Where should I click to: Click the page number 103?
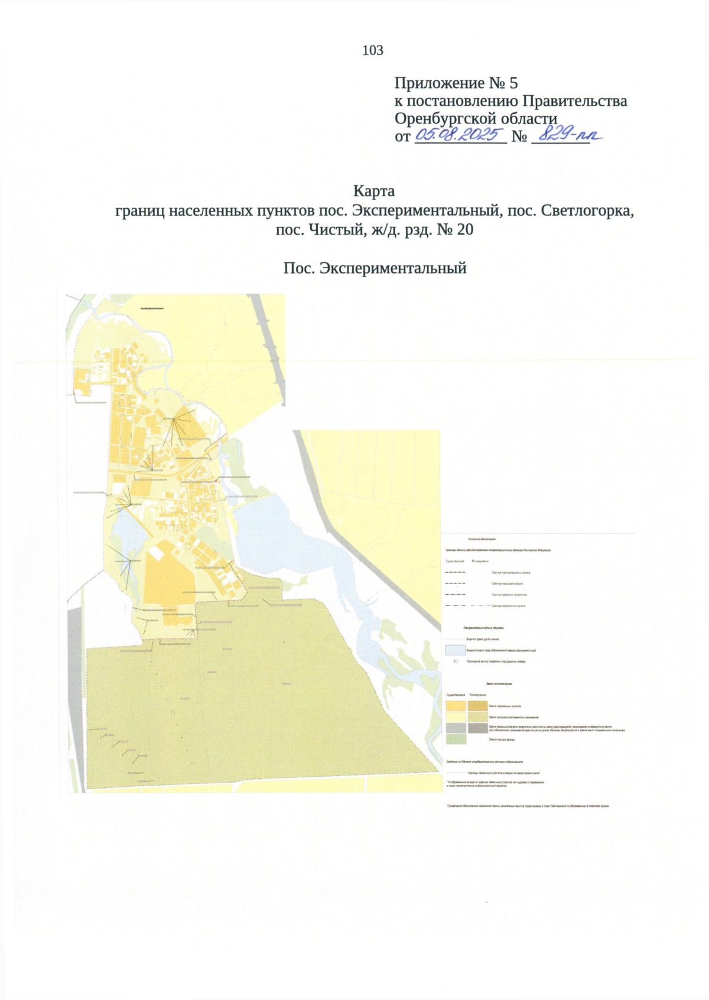click(x=373, y=51)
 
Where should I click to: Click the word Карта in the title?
click(x=373, y=191)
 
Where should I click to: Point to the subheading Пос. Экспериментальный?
click(x=375, y=268)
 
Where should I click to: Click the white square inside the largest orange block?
click(x=156, y=552)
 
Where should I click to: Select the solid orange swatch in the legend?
click(x=456, y=706)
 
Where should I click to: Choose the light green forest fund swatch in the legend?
click(x=456, y=739)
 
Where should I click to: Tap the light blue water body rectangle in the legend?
click(x=455, y=650)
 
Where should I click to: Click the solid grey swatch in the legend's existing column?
click(x=456, y=728)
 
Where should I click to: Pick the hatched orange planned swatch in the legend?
click(x=477, y=706)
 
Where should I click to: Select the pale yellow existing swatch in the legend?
click(x=456, y=717)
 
